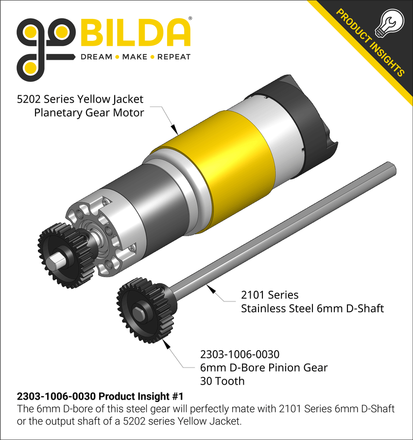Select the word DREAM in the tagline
click(x=96, y=57)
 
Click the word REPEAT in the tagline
click(x=174, y=57)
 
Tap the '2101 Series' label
click(x=270, y=295)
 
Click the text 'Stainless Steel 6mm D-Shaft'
click(x=312, y=308)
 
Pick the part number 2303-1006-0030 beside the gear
click(x=240, y=354)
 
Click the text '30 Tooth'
click(x=222, y=381)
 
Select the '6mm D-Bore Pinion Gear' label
click(x=264, y=368)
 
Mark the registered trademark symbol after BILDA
click(x=190, y=19)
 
